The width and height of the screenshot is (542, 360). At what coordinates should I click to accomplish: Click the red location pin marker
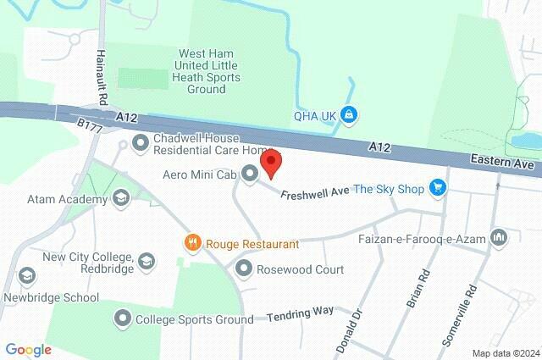pyautogui.click(x=270, y=163)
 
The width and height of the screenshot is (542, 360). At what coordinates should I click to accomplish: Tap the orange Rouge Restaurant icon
pyautogui.click(x=193, y=244)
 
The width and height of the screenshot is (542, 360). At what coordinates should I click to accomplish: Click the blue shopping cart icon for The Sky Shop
pyautogui.click(x=437, y=188)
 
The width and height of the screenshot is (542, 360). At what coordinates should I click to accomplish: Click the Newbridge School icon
pyautogui.click(x=27, y=277)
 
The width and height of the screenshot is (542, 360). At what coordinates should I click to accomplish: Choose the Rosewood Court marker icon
pyautogui.click(x=244, y=269)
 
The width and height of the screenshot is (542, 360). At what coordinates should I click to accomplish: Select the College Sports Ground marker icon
pyautogui.click(x=123, y=319)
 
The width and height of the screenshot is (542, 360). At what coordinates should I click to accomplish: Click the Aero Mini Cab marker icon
pyautogui.click(x=249, y=174)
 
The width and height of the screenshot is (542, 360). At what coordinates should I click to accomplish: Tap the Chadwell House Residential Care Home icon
pyautogui.click(x=141, y=142)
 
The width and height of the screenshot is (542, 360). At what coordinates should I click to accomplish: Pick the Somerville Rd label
pyautogui.click(x=460, y=314)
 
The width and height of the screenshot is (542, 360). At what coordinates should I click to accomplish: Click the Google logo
pyautogui.click(x=28, y=349)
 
